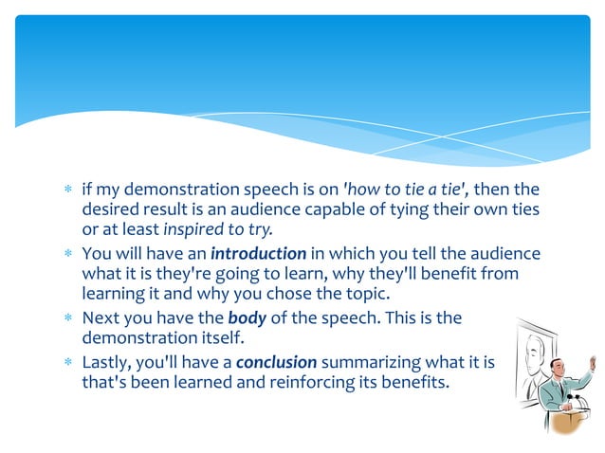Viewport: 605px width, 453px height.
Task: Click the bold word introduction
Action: (258, 254)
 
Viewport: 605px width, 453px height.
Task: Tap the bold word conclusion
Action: (276, 361)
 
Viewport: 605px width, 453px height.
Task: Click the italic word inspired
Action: (195, 229)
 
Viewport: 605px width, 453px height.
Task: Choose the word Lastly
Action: (106, 361)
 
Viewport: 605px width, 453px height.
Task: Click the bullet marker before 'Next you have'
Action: (67, 319)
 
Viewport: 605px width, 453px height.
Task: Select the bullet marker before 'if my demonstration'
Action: (67, 189)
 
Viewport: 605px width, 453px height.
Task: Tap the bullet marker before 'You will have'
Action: (67, 255)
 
